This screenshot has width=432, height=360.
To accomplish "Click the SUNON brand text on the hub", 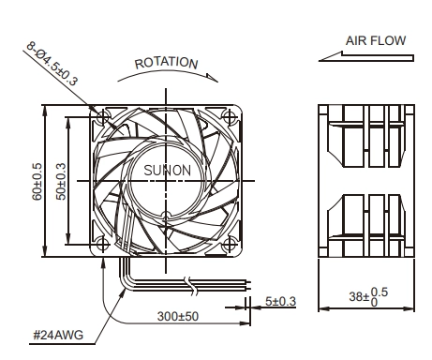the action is click(167, 171).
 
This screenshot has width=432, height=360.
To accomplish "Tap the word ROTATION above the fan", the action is click(166, 63).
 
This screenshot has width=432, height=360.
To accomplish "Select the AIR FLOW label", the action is click(376, 40).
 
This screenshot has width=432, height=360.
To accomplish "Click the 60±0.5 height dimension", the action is click(37, 181).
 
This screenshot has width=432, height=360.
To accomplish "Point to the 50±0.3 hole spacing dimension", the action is click(61, 181).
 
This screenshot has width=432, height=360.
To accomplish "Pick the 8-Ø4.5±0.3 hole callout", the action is click(52, 64).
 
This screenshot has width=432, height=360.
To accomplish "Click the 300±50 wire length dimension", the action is click(178, 316).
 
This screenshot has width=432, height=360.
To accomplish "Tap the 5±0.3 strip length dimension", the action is click(280, 301).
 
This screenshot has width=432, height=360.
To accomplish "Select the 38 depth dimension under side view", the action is click(368, 296).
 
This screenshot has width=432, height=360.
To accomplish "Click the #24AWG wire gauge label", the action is click(58, 335).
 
